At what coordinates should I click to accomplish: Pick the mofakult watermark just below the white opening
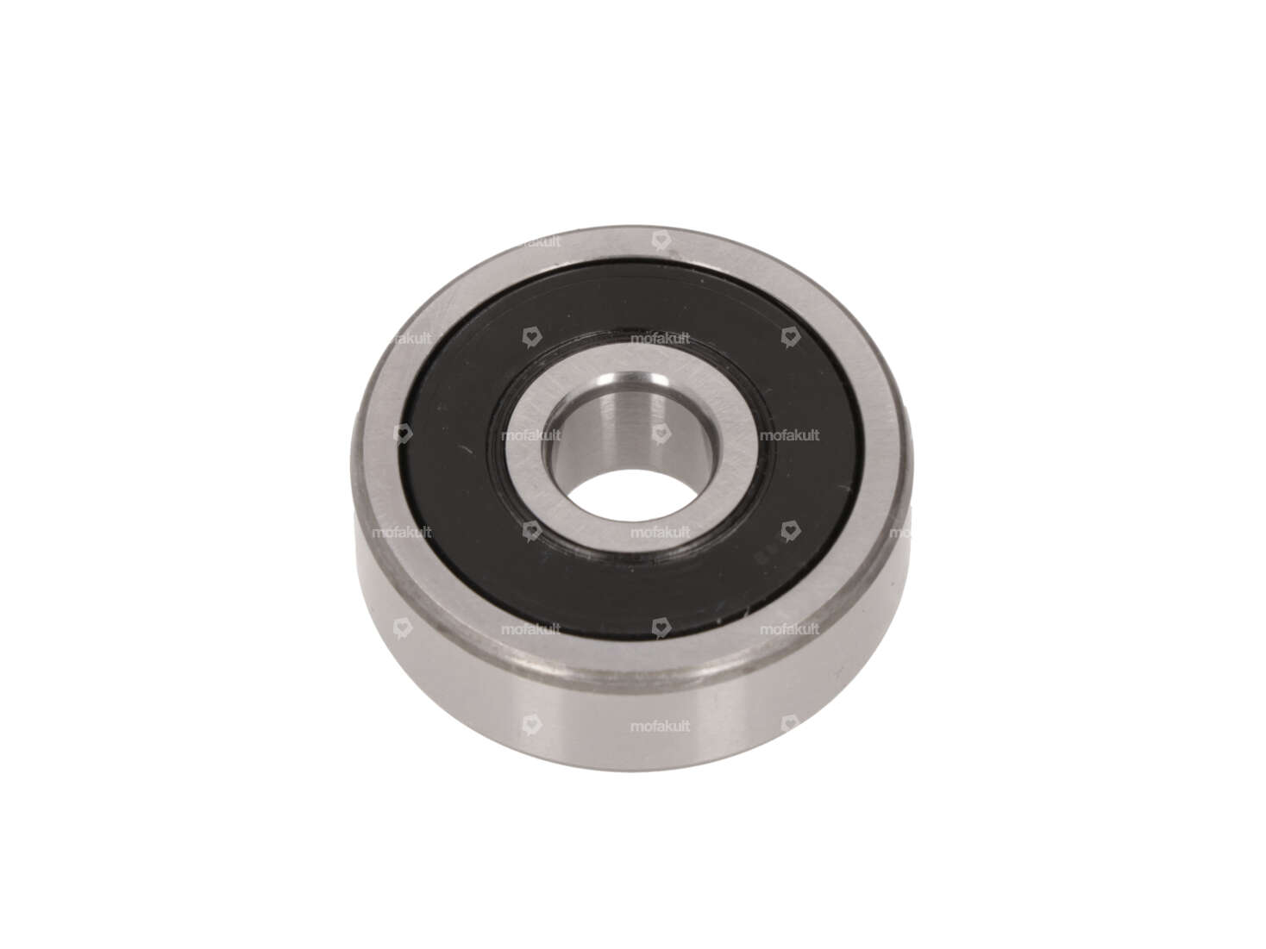[660, 533]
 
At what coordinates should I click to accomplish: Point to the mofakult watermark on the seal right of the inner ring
[790, 436]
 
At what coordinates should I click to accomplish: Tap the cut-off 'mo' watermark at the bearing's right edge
[897, 533]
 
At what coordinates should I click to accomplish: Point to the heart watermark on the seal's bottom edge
[660, 627]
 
